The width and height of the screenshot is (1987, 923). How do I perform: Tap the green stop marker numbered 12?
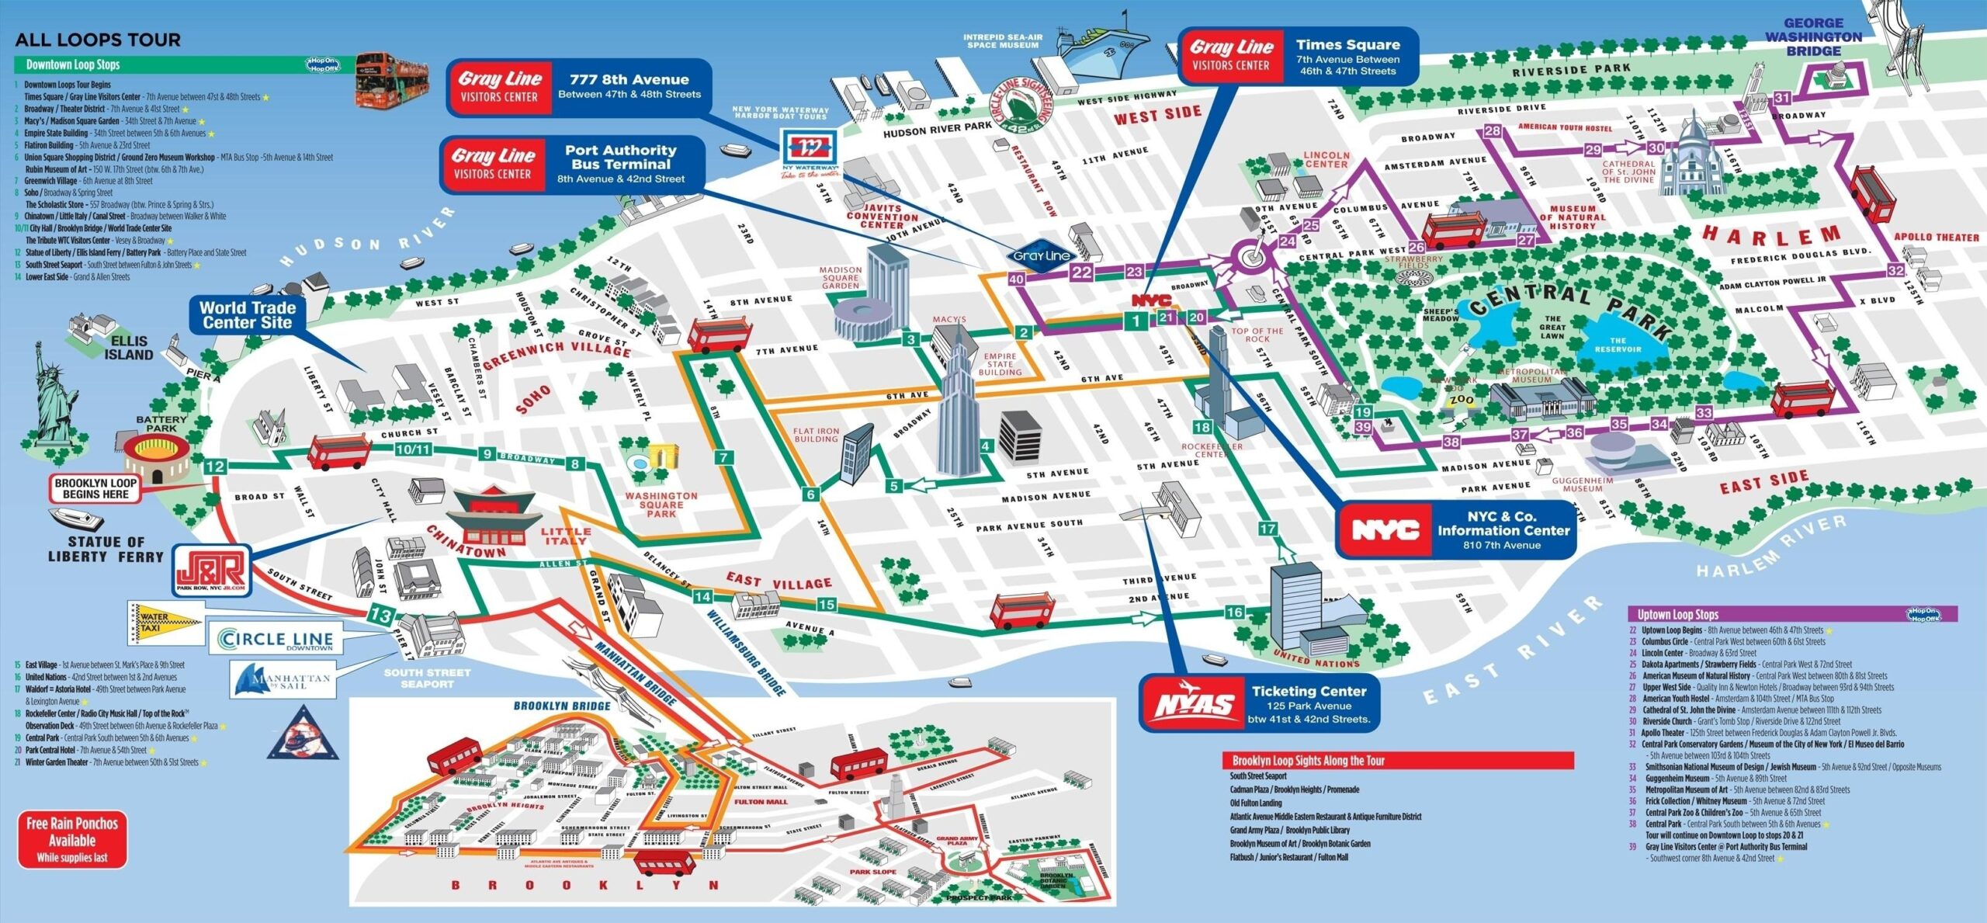pyautogui.click(x=215, y=467)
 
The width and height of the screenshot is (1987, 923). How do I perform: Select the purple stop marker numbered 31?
pyautogui.click(x=1782, y=98)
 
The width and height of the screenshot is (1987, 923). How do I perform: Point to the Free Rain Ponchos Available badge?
pyautogui.click(x=72, y=840)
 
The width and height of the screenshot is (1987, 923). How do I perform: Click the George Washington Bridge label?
pyautogui.click(x=1813, y=37)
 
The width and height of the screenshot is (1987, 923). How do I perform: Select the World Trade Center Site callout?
pyautogui.click(x=247, y=314)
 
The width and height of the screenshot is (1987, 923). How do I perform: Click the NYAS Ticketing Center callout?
pyautogui.click(x=1259, y=704)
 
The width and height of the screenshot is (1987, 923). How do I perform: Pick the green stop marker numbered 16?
pyautogui.click(x=1234, y=612)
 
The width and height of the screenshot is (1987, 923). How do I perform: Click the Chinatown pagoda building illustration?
pyautogui.click(x=494, y=515)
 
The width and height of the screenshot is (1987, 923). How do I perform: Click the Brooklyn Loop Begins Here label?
pyautogui.click(x=95, y=488)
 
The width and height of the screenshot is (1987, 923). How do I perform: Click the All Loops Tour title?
pyautogui.click(x=98, y=40)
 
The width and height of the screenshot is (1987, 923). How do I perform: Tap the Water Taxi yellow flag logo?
pyautogui.click(x=165, y=623)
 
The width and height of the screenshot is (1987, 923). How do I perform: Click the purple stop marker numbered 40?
pyautogui.click(x=1016, y=279)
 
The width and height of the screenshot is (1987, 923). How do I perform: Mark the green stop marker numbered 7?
pyautogui.click(x=723, y=457)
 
